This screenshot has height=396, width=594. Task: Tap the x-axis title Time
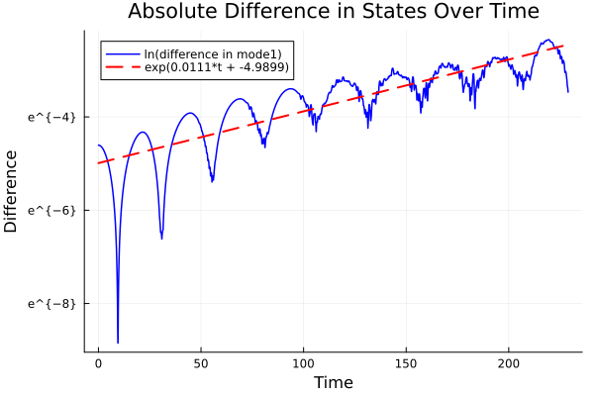click(333, 382)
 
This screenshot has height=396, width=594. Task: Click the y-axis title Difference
click(12, 190)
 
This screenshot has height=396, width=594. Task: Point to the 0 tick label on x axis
click(98, 363)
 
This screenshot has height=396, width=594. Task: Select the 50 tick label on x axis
click(201, 363)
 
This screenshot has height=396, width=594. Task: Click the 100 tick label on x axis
click(304, 363)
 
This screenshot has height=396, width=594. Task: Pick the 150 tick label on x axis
click(407, 363)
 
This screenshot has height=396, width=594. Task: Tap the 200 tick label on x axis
click(510, 363)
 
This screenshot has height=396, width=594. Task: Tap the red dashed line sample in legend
click(123, 67)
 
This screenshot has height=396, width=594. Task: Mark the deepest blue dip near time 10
click(118, 342)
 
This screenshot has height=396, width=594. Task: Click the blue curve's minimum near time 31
click(161, 238)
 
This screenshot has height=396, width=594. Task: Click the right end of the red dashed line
click(563, 46)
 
